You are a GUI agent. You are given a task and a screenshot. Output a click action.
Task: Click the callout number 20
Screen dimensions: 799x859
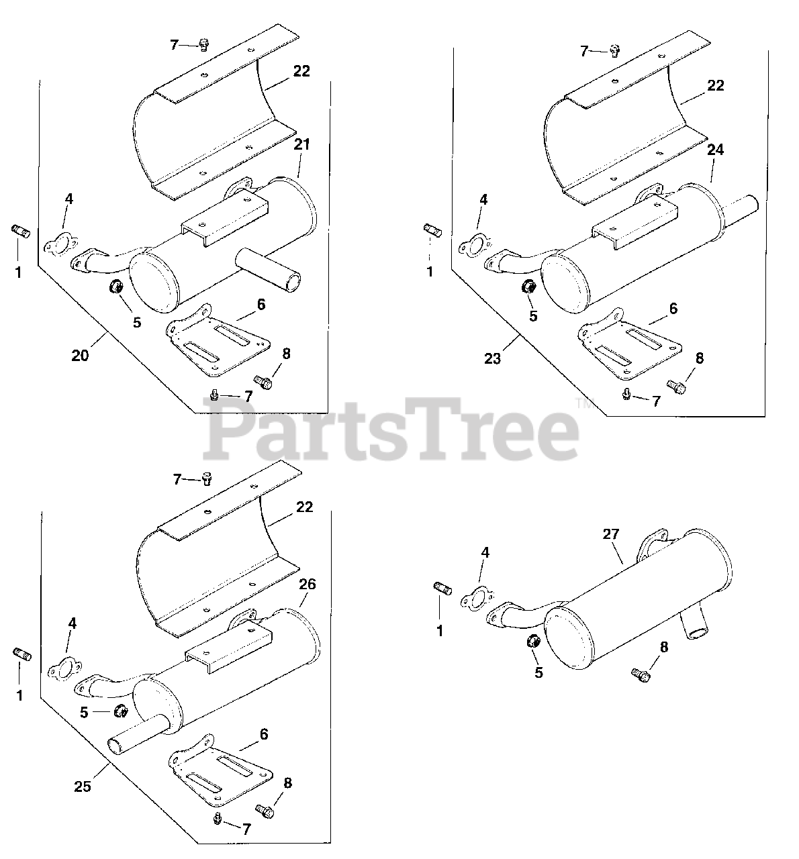coord(80,356)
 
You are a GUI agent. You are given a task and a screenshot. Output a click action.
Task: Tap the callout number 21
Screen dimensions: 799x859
coord(301,144)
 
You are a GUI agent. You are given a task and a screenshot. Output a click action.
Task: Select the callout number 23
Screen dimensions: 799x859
coord(492,358)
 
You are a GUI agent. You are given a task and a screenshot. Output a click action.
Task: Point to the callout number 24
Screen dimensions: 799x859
coord(716,150)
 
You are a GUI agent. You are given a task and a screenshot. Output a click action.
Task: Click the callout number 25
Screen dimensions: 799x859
coord(82,787)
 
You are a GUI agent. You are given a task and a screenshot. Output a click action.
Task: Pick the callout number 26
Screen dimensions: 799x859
coord(308,585)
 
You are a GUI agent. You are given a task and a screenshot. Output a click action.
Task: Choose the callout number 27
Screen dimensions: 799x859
coord(611,535)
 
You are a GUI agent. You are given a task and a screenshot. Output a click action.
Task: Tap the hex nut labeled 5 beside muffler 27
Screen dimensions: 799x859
coord(533,641)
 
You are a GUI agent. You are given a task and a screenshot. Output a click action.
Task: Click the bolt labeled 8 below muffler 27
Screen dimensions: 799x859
coord(641,674)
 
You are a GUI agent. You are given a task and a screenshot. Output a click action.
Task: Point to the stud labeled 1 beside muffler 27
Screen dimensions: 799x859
coord(442,589)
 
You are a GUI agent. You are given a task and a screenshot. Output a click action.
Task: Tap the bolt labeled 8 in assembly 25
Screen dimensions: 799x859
coord(265,811)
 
